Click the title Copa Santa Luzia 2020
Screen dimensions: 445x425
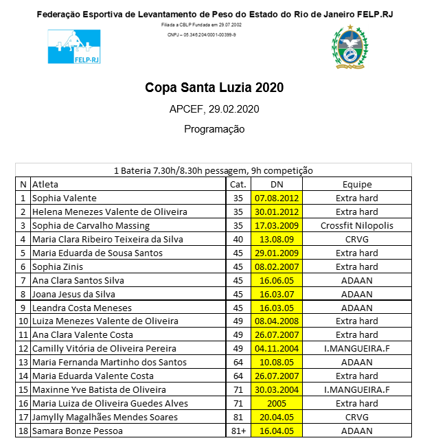point(214,88)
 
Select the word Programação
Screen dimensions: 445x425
point(214,128)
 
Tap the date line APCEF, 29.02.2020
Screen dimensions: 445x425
point(214,109)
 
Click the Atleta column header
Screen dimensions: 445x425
point(45,184)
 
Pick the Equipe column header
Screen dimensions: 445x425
point(357,184)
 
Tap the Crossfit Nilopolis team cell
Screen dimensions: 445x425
point(357,225)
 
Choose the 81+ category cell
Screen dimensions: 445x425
point(238,431)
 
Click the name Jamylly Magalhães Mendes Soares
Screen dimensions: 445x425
point(104,417)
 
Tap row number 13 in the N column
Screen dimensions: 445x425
point(23,363)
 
